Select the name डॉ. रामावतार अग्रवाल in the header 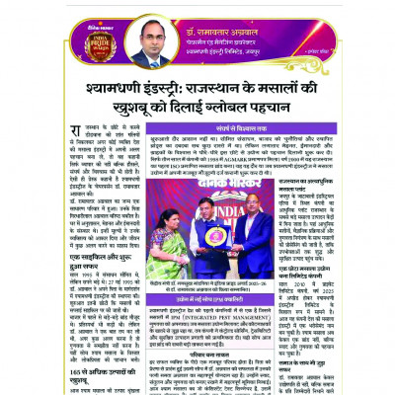point(247,14)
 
